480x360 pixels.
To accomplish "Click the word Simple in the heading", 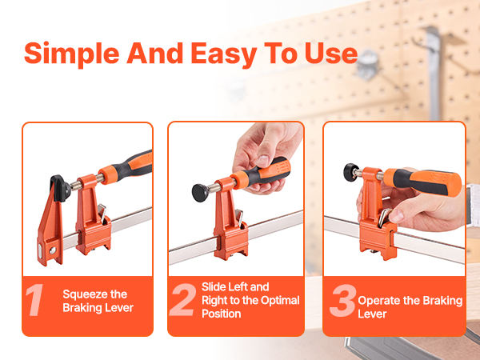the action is [72, 54].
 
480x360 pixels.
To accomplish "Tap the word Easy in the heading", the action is [224, 54].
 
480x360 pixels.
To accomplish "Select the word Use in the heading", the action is [331, 54].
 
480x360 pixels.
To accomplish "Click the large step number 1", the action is [34, 300].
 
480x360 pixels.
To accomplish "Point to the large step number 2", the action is [183, 300].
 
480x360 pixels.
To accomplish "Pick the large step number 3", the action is [343, 301].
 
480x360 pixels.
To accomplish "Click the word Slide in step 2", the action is [214, 287].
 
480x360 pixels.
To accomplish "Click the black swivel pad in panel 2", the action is [200, 193].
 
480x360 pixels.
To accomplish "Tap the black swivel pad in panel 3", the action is [351, 172].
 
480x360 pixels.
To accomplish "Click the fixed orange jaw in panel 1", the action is [51, 223].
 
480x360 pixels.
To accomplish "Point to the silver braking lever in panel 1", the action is [102, 213].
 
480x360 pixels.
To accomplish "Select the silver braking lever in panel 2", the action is [239, 218].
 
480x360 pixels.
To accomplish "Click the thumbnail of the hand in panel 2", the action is [262, 161].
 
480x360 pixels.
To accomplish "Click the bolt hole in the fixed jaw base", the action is [53, 250].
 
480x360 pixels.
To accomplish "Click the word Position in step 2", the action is [222, 314].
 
